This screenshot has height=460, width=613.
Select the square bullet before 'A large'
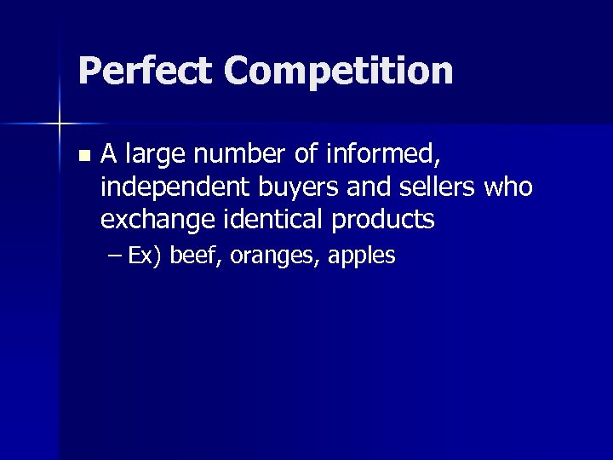click(x=83, y=157)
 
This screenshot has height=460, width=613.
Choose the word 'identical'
click(x=278, y=219)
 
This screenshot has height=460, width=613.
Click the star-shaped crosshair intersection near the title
click(x=60, y=124)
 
